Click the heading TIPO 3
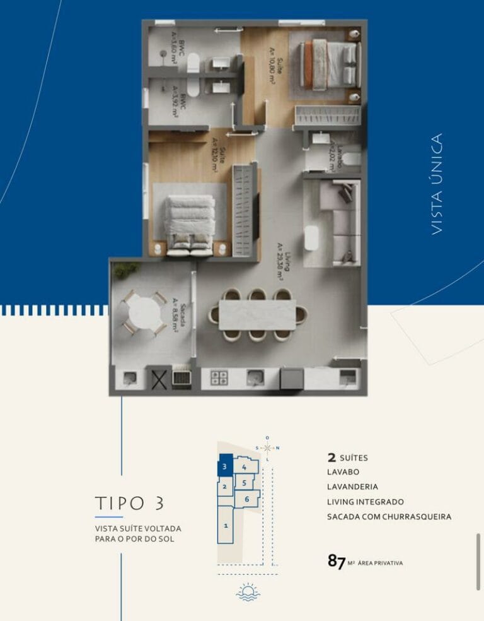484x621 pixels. [130, 503]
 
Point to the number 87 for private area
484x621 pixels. [337, 561]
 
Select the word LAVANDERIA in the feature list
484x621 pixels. [352, 487]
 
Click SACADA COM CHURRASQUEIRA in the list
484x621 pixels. [389, 517]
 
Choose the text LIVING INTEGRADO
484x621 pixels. [365, 502]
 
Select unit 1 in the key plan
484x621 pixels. [226, 524]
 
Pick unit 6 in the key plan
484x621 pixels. [247, 499]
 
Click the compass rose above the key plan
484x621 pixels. [268, 447]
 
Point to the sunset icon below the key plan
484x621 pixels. [248, 593]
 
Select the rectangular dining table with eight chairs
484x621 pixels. [257, 314]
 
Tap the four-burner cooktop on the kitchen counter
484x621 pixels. [219, 377]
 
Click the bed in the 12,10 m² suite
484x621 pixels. [190, 223]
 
